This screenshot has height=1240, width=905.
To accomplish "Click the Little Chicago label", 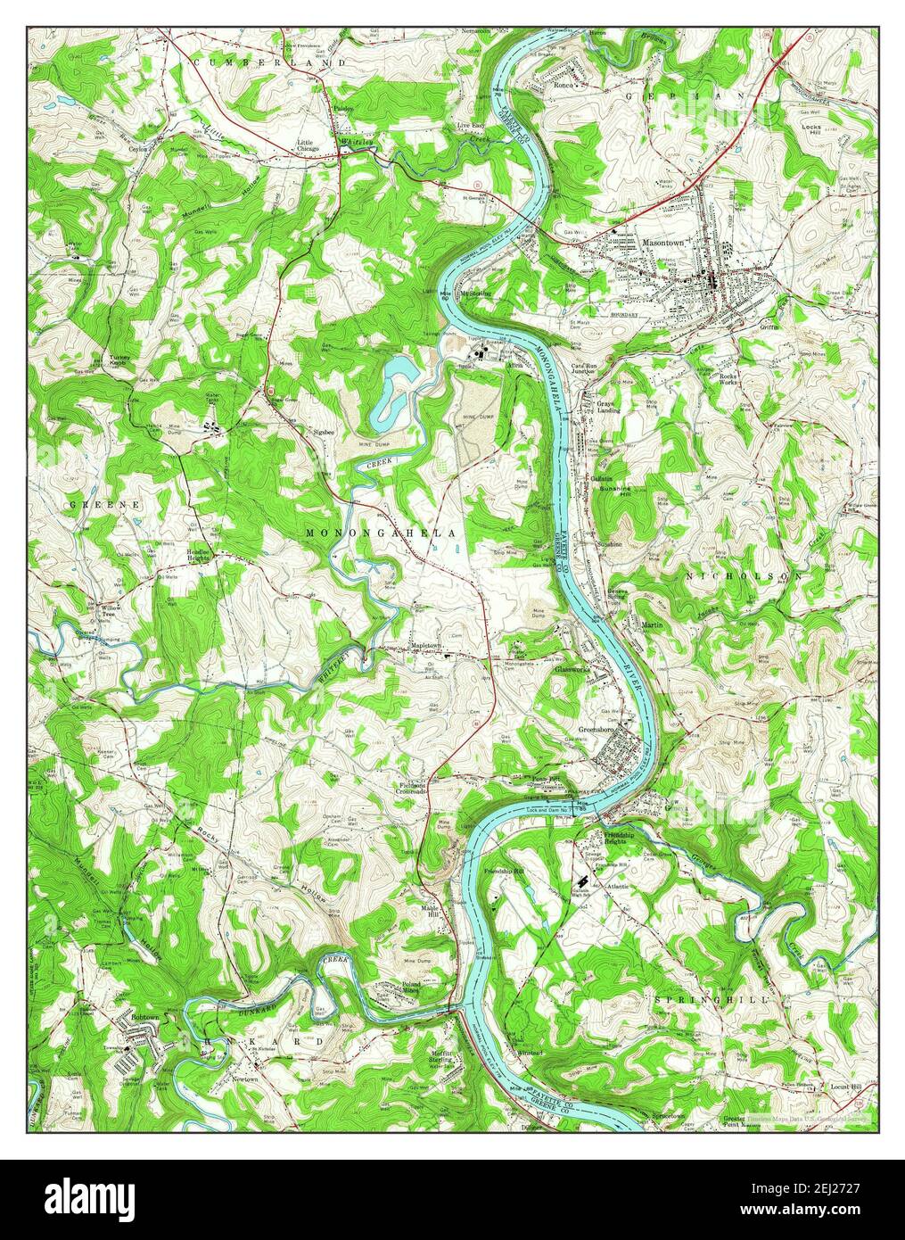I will point(311,146).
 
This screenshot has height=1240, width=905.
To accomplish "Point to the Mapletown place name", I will point(425,643).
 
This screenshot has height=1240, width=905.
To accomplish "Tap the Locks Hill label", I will point(810,131).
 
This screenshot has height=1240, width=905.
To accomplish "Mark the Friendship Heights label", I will point(604,838).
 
